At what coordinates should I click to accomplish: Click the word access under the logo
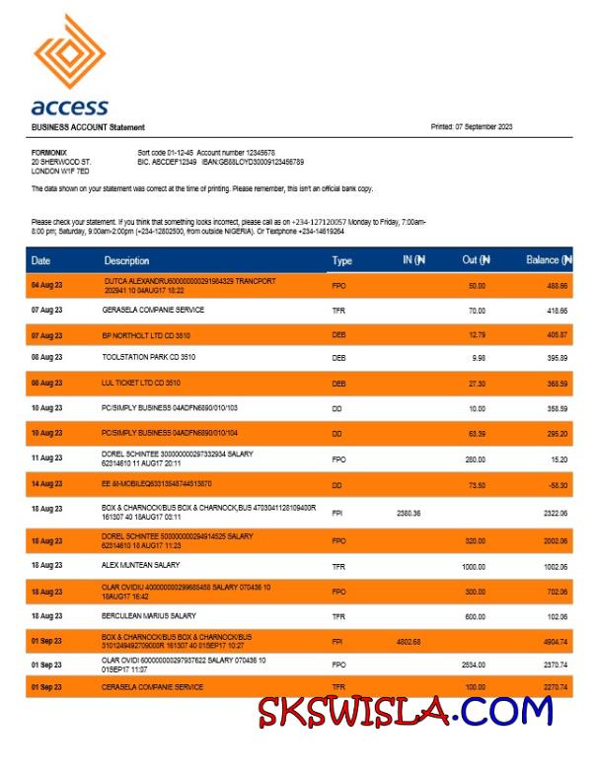pos(69,106)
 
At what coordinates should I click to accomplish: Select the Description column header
pos(126,260)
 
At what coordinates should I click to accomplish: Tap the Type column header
pos(341,260)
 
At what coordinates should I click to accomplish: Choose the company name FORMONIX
pos(49,152)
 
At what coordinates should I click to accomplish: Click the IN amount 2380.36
pos(409,512)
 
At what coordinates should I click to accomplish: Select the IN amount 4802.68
pos(409,641)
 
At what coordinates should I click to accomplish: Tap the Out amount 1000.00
pos(474,567)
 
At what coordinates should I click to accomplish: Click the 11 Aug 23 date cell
pos(46,457)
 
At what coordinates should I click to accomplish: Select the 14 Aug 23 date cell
pos(46,484)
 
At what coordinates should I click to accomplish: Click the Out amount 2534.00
pos(474,665)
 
